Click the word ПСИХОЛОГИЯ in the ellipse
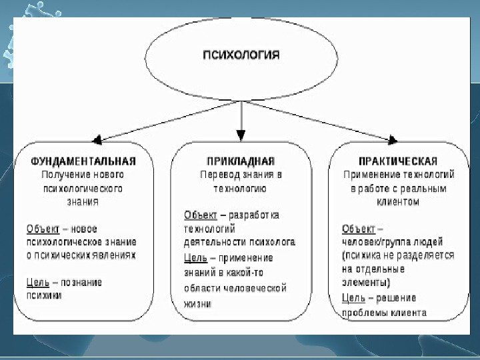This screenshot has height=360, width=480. pyautogui.click(x=241, y=55)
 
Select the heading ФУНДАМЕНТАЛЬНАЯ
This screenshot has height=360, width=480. pyautogui.click(x=83, y=161)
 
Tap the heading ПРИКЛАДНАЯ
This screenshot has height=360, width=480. pyautogui.click(x=241, y=161)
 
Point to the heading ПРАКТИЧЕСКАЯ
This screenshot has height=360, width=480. pyautogui.click(x=397, y=161)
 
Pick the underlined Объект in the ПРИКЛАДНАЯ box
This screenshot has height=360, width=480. pyautogui.click(x=201, y=215)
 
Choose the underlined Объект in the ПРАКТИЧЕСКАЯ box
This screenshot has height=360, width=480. pyautogui.click(x=359, y=229)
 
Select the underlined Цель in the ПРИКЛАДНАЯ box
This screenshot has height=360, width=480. pyautogui.click(x=196, y=257)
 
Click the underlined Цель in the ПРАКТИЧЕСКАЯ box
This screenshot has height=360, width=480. pyautogui.click(x=353, y=298)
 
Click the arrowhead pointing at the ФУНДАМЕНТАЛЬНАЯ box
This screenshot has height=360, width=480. pyautogui.click(x=97, y=140)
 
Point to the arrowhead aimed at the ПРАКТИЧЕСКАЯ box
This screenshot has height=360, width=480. pyautogui.click(x=393, y=140)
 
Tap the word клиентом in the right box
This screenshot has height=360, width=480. pyautogui.click(x=398, y=202)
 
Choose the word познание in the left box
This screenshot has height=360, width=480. pyautogui.click(x=82, y=282)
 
